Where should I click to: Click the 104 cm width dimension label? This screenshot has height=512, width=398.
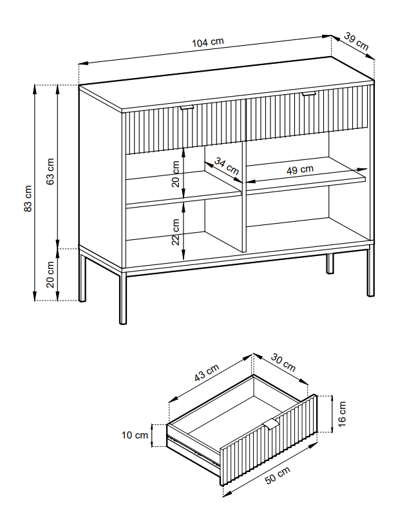208,43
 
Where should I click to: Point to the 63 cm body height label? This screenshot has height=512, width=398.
51,171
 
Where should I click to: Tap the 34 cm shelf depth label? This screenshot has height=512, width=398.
227,167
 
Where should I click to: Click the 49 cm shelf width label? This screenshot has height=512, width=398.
300,170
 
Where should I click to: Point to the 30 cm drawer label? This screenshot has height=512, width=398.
283,362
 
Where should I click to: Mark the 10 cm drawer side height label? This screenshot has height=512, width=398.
134,435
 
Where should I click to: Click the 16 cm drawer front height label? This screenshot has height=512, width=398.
342,413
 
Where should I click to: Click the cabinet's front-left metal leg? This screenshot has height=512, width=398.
122,297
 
